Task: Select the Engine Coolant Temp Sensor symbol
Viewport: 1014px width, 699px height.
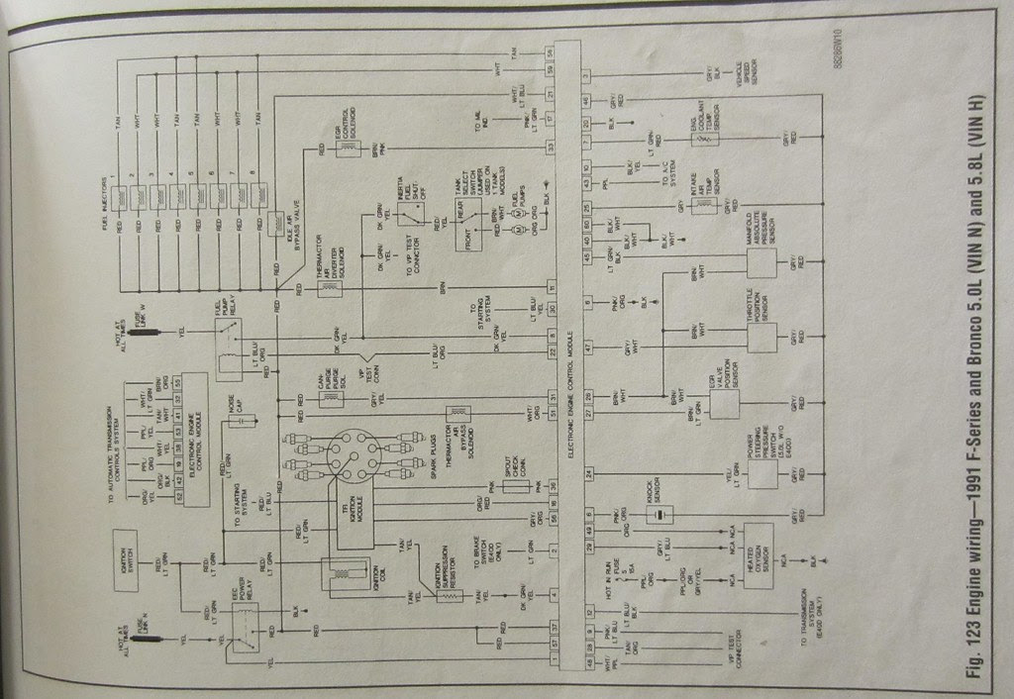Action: (x=705, y=140)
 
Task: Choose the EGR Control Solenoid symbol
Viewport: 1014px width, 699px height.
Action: (x=349, y=149)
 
